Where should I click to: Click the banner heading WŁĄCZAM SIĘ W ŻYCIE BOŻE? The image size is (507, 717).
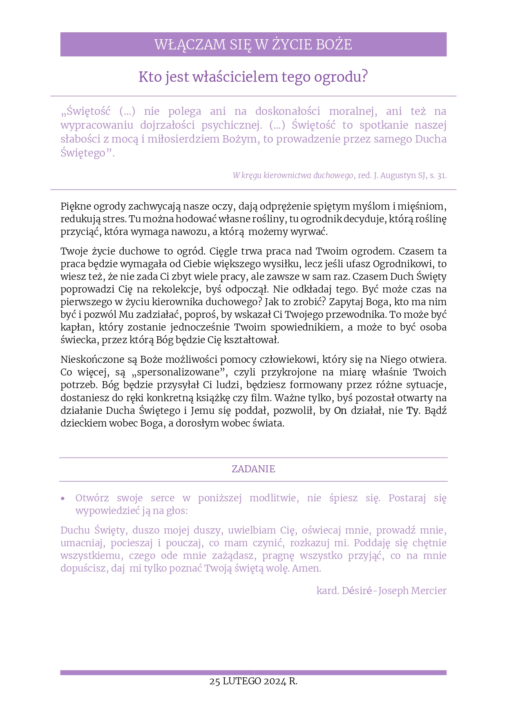pyautogui.click(x=253, y=45)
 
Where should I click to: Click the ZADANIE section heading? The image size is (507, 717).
pyautogui.click(x=253, y=469)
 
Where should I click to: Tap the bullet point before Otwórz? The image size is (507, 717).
pyautogui.click(x=63, y=498)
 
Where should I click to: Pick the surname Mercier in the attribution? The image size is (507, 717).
pyautogui.click(x=429, y=591)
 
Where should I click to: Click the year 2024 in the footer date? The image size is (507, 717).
pyautogui.click(x=275, y=681)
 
